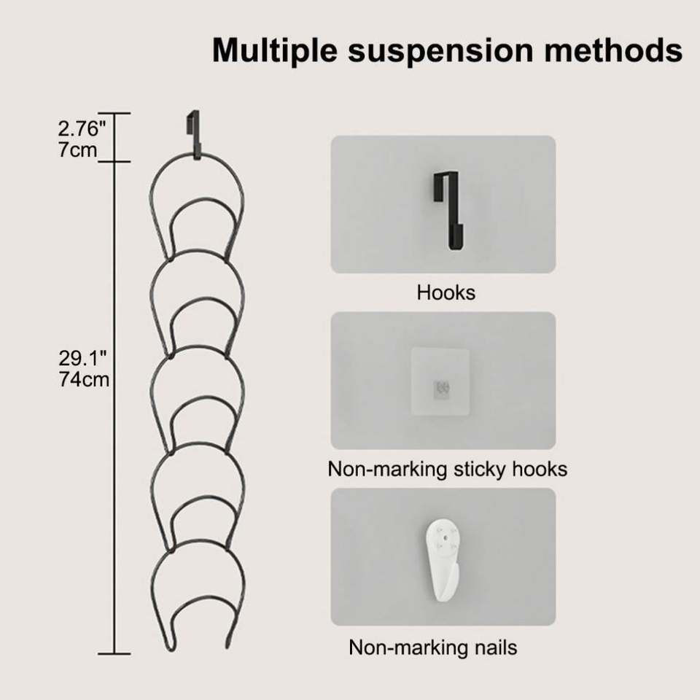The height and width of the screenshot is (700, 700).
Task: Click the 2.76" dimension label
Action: (82, 130)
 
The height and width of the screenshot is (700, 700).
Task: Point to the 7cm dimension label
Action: (77, 151)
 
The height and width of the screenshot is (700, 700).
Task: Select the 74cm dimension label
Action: (84, 379)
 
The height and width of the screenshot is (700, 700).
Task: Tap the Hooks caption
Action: (446, 293)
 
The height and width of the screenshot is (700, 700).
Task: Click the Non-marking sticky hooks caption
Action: (447, 469)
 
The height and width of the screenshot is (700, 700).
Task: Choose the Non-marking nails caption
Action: (433, 647)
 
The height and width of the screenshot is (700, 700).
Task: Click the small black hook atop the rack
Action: (193, 134)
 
